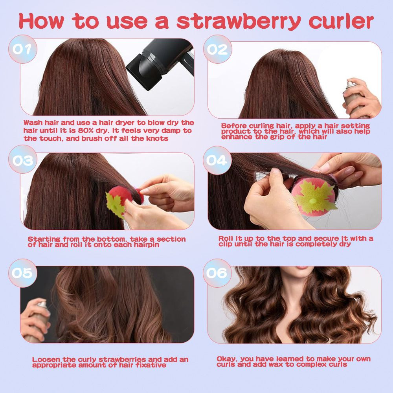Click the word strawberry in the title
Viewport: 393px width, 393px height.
click(239, 22)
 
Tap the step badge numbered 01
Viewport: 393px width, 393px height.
click(22, 49)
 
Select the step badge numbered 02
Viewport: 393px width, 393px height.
click(217, 49)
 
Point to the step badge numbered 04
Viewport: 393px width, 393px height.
click(217, 160)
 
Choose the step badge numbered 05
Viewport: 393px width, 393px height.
click(22, 273)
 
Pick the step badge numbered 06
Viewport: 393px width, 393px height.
click(217, 273)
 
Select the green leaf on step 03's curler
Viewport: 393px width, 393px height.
click(115, 204)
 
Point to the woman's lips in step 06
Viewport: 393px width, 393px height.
click(303, 268)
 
